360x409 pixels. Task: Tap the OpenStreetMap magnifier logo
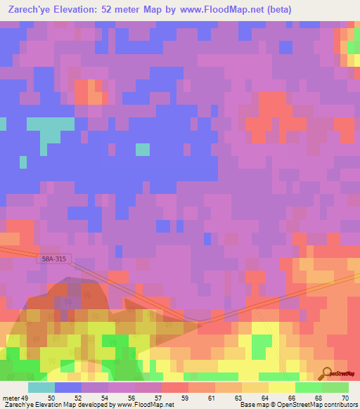coord(326,372)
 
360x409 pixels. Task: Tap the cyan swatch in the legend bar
coord(41,387)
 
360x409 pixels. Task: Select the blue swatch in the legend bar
coord(67,387)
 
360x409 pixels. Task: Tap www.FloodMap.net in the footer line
coord(141,404)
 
